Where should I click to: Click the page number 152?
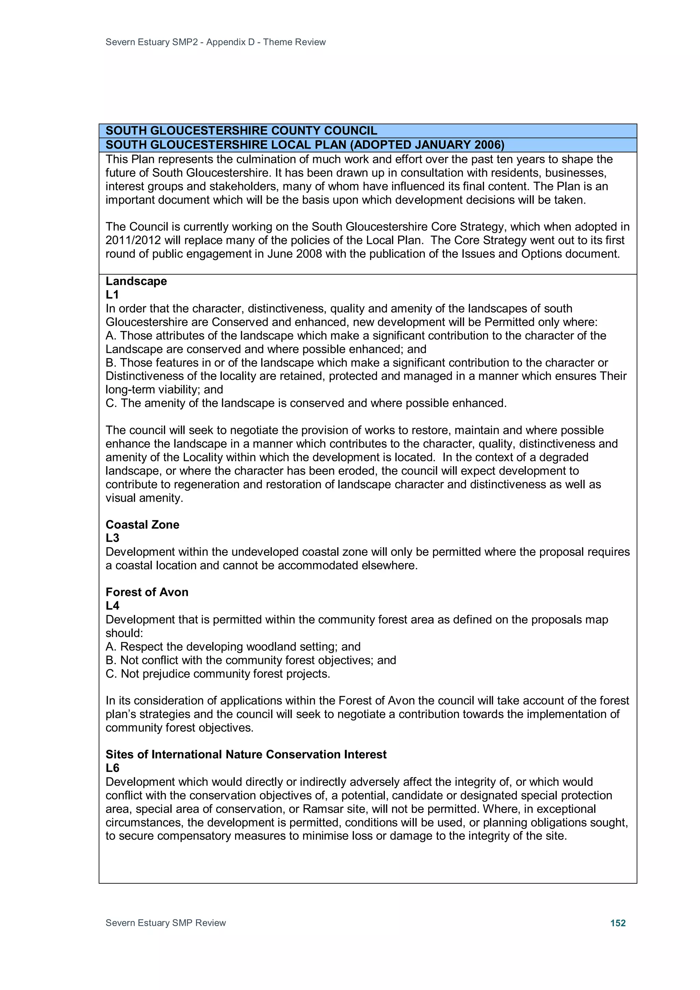(618, 923)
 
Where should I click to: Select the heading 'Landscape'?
(136, 281)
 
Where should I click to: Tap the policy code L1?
(112, 295)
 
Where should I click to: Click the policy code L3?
(112, 538)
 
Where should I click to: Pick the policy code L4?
(112, 606)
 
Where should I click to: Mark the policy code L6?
(112, 768)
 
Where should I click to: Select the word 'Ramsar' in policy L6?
(321, 809)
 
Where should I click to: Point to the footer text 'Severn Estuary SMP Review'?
(166, 923)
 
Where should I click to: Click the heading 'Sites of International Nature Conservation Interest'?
(246, 755)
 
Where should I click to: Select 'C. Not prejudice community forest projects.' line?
(217, 674)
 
